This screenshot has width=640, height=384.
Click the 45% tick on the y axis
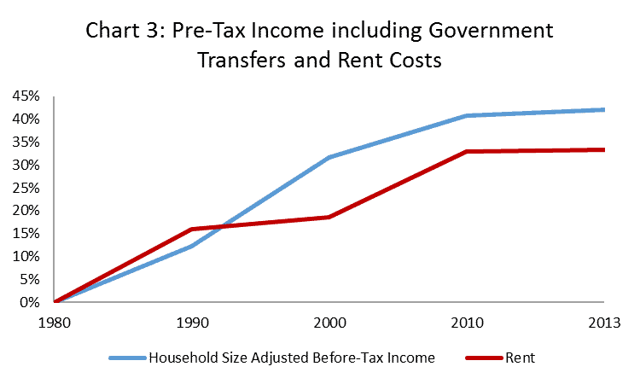tap(26, 96)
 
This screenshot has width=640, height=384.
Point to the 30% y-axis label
tap(26, 165)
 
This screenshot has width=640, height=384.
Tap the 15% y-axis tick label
tap(26, 233)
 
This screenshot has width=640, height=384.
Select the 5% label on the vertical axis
tap(29, 279)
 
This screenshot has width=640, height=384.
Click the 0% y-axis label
tap(29, 302)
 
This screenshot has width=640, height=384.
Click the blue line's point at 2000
tap(329, 157)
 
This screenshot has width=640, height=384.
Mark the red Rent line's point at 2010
tap(467, 151)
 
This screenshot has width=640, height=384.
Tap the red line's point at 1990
tap(192, 229)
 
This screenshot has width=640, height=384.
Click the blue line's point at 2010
tap(467, 115)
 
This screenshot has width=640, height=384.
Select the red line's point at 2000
tap(329, 217)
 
